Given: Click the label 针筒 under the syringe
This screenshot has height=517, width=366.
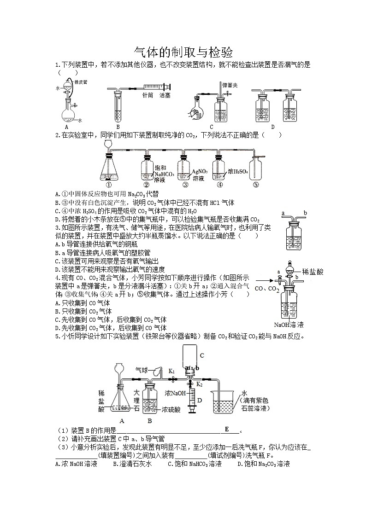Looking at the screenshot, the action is coord(147,95).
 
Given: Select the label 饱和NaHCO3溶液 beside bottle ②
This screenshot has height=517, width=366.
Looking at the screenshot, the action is coord(164,174).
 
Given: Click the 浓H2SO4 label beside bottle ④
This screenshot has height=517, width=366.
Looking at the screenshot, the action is coord(238,171).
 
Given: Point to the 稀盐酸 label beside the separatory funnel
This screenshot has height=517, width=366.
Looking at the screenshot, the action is coord(313,272).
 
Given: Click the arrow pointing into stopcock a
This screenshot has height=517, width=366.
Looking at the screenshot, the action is coord(265,280).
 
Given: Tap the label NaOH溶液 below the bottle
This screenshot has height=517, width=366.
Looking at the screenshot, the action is coord(289,324).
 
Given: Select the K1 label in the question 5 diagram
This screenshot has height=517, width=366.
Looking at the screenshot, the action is coord(171,371).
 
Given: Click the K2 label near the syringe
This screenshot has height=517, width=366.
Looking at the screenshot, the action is coord(200,383).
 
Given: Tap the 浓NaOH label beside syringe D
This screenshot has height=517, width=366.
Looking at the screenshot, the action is coord(175,394).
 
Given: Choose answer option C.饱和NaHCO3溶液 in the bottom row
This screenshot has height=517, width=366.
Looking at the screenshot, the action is coord(195,464).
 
